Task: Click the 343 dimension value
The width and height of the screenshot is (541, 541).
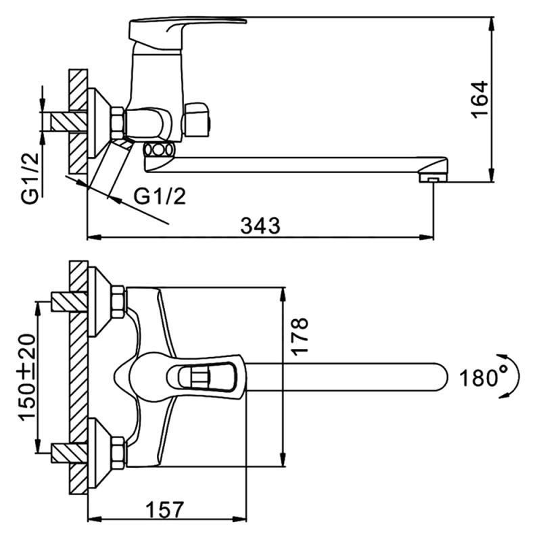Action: click(260, 226)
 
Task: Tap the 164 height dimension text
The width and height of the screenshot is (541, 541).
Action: click(480, 99)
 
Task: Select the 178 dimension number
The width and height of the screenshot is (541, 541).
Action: click(299, 335)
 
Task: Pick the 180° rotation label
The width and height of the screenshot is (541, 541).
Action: click(484, 378)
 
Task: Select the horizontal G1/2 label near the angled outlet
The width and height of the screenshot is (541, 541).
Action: click(160, 197)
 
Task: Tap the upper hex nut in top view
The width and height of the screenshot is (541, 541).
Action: click(118, 301)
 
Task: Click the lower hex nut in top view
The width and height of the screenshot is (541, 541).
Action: click(118, 452)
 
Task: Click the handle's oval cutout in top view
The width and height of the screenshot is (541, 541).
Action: click(202, 377)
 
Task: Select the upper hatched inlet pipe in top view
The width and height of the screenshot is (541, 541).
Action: click(70, 302)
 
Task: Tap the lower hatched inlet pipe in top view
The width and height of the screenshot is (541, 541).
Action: click(70, 453)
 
